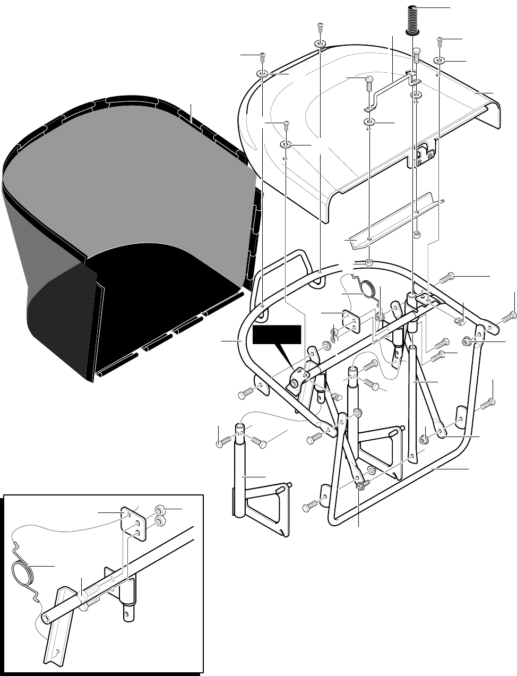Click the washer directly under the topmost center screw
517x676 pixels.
point(320,43)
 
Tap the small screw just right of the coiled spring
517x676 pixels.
point(440,40)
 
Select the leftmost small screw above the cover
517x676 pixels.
point(262,56)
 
